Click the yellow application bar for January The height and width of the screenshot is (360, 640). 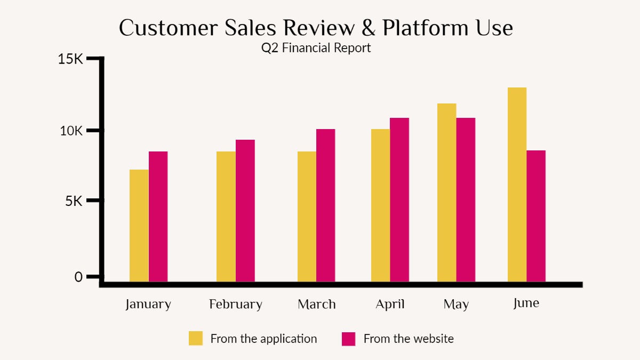(139, 226)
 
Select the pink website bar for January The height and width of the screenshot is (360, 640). (158, 217)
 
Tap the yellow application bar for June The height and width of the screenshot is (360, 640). (517, 185)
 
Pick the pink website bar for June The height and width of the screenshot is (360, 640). (536, 216)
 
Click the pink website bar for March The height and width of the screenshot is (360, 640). (326, 205)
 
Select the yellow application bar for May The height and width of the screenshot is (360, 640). (447, 193)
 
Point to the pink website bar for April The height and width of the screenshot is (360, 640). (399, 199)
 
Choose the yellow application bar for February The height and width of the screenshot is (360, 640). (226, 217)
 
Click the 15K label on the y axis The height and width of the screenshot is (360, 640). (71, 59)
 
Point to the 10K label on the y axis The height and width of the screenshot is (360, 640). (71, 131)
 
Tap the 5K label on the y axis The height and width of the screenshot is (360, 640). (74, 201)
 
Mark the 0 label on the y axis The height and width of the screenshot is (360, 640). (78, 277)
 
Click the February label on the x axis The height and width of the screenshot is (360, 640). (236, 305)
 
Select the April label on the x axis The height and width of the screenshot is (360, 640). (390, 305)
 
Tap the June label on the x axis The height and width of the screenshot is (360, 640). (526, 303)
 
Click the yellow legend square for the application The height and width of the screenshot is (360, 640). (196, 339)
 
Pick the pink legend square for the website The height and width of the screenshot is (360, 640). (348, 339)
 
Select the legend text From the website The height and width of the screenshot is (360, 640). (409, 339)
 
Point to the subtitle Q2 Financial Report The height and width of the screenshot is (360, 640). (316, 48)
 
